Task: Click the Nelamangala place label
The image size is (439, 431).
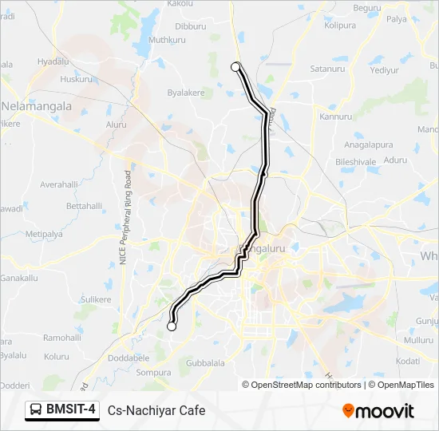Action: (37, 105)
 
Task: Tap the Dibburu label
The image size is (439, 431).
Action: (190, 26)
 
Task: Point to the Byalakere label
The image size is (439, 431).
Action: (186, 93)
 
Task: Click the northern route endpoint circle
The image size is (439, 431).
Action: (235, 67)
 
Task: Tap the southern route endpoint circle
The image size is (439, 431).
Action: (171, 326)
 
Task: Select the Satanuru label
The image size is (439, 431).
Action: (327, 69)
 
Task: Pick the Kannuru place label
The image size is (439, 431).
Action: (335, 117)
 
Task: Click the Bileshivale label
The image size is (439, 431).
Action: (355, 161)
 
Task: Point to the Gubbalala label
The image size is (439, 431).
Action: (205, 362)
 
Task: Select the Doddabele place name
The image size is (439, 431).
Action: (128, 358)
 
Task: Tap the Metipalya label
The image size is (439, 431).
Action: (44, 234)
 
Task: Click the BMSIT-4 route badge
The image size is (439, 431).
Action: (62, 410)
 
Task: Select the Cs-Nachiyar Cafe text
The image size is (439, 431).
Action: (156, 411)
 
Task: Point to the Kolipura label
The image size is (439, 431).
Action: (340, 26)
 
